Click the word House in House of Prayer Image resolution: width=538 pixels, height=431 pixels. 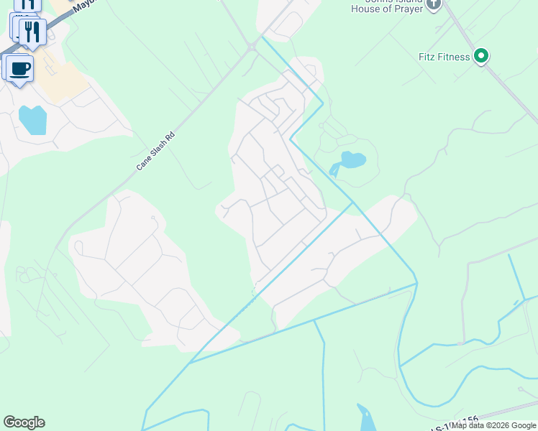click(364, 9)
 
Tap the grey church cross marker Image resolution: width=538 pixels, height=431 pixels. click(433, 4)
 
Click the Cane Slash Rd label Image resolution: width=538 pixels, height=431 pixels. click(155, 151)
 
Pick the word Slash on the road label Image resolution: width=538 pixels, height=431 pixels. click(157, 149)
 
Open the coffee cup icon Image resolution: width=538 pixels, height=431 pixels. click(20, 69)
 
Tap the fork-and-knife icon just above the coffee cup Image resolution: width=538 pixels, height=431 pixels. click(32, 31)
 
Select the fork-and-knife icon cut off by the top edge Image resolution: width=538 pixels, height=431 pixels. click(26, 4)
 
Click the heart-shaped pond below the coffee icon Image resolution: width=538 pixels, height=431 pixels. click(32, 119)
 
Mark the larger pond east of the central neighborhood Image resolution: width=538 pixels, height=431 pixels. click(352, 159)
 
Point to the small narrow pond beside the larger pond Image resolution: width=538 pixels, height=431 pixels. click(334, 170)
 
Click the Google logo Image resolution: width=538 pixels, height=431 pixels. click(24, 422)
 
